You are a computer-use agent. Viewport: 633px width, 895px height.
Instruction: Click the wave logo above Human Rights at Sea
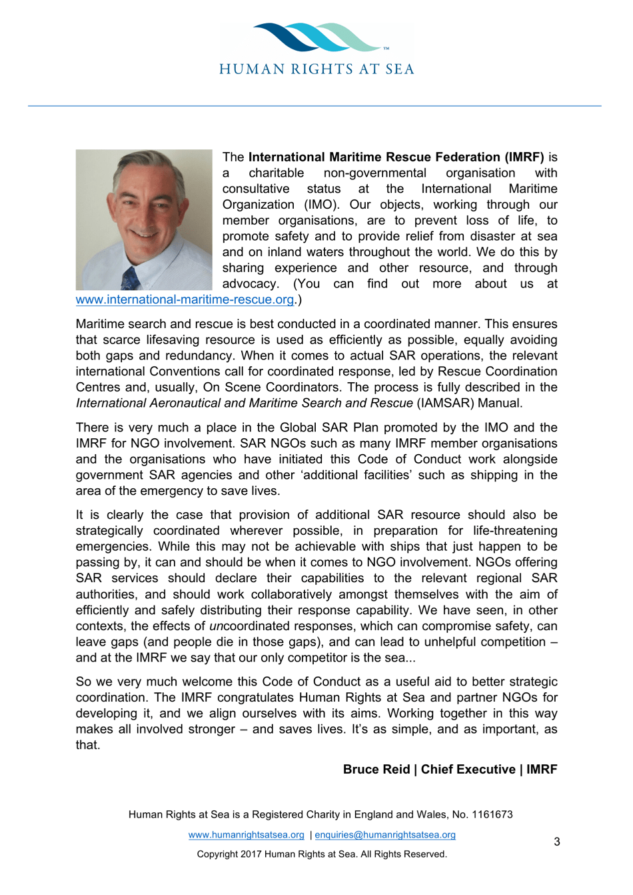tap(317, 39)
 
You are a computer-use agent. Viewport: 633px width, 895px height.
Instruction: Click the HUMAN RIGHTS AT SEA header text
tap(317, 69)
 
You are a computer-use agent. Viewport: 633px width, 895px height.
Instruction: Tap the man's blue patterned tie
tap(131, 278)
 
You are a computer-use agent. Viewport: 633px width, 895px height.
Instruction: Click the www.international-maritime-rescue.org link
tap(185, 299)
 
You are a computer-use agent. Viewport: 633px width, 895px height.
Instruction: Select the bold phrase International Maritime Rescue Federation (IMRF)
tap(396, 157)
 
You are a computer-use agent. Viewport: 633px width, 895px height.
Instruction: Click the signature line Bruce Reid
tap(376, 770)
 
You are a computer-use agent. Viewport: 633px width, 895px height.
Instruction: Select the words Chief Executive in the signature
tap(468, 770)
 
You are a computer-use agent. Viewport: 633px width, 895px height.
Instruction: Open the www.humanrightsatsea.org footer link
tap(246, 835)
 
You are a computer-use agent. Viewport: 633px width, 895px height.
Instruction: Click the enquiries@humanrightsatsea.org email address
tap(385, 835)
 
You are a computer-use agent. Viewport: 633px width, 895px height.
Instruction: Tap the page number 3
tap(557, 842)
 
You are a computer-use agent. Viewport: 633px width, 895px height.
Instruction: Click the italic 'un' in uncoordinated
tap(216, 626)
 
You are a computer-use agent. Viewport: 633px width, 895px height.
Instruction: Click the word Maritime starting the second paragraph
tap(99, 324)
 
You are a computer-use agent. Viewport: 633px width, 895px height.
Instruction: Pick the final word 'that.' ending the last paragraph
tap(88, 746)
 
